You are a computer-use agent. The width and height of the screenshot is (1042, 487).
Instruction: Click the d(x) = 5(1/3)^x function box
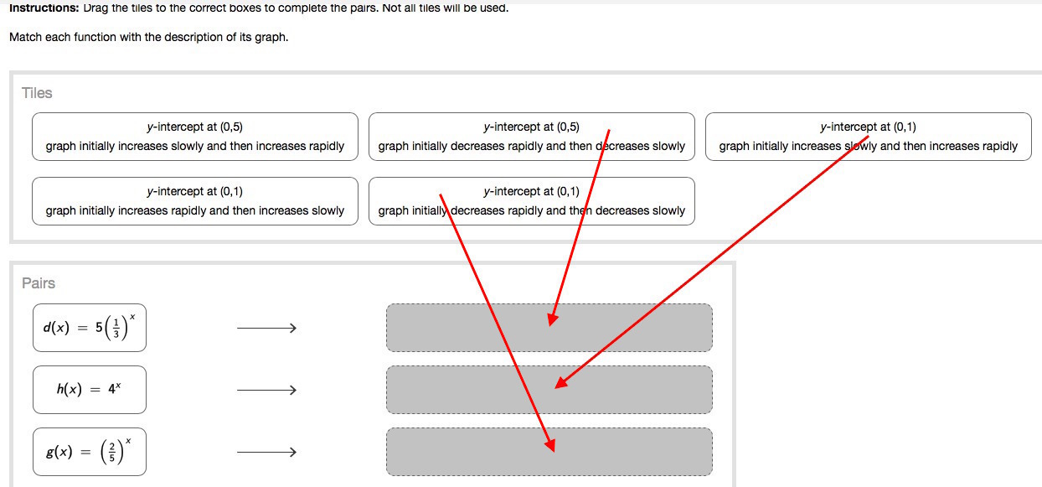click(90, 328)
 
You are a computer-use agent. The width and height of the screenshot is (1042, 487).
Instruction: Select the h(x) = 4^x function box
click(90, 390)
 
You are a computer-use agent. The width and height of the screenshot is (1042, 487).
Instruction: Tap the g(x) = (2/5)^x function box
click(90, 452)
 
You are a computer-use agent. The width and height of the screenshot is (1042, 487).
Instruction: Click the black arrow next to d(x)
click(266, 329)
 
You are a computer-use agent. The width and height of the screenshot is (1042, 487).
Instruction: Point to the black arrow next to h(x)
click(266, 390)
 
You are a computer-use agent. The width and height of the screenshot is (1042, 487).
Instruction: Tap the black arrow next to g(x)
click(266, 453)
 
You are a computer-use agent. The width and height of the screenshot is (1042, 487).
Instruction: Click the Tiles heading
click(37, 93)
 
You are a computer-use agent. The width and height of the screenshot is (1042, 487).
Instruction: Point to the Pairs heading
click(39, 283)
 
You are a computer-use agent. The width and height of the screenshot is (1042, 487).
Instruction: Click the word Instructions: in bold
click(44, 8)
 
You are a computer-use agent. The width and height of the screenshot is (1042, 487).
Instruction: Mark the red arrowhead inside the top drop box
click(552, 319)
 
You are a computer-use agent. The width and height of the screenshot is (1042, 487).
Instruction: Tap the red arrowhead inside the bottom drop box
click(549, 445)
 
